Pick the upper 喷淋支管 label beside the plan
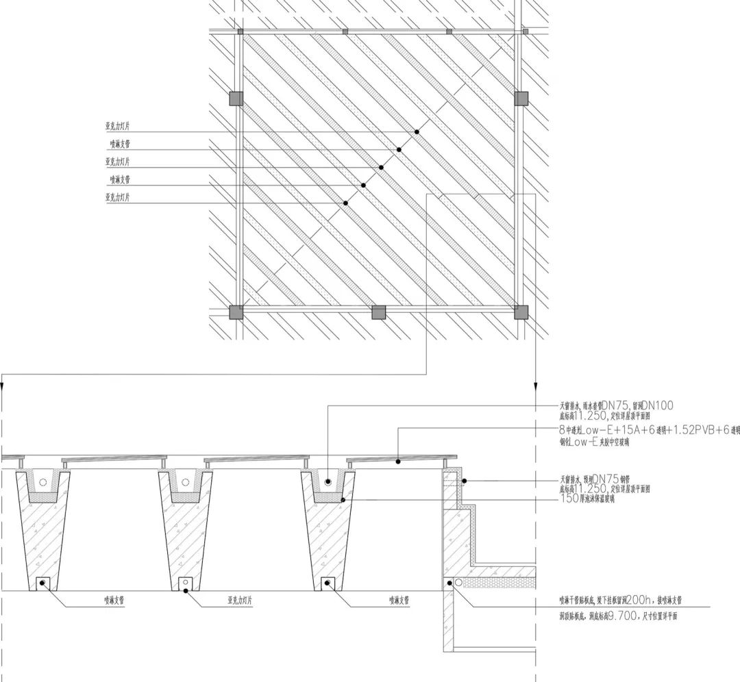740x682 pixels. point(119,144)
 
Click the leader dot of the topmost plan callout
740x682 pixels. point(417,131)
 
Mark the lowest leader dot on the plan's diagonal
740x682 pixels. point(345,203)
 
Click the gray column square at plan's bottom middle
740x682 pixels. point(379,312)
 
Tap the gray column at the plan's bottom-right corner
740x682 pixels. point(521,312)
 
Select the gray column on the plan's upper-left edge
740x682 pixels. point(236,99)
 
